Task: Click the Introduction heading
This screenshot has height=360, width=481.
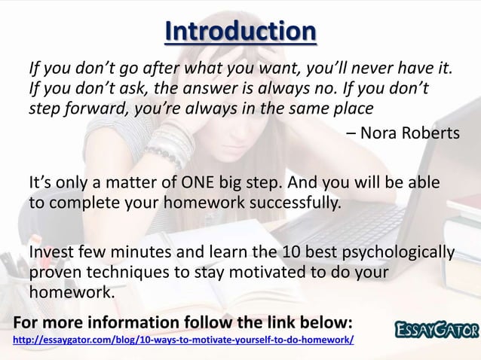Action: pyautogui.click(x=240, y=32)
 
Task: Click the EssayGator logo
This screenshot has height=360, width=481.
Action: pyautogui.click(x=436, y=328)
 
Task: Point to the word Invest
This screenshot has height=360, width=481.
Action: pyautogui.click(x=52, y=252)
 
